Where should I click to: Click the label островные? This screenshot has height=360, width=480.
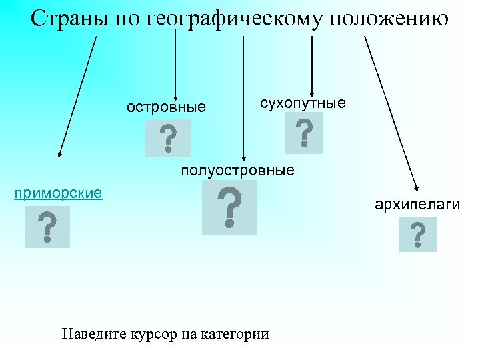click(167, 107)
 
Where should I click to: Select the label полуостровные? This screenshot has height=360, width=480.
click(237, 171)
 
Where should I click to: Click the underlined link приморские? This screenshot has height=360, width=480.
click(58, 193)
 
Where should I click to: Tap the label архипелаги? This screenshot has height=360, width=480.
click(417, 203)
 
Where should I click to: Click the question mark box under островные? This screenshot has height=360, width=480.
click(168, 138)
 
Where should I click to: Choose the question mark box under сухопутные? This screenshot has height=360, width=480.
click(304, 133)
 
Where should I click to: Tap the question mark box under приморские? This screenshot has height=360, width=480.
click(47, 227)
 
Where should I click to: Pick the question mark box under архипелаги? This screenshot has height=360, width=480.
click(417, 235)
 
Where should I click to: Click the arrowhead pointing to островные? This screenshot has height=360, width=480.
click(175, 95)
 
